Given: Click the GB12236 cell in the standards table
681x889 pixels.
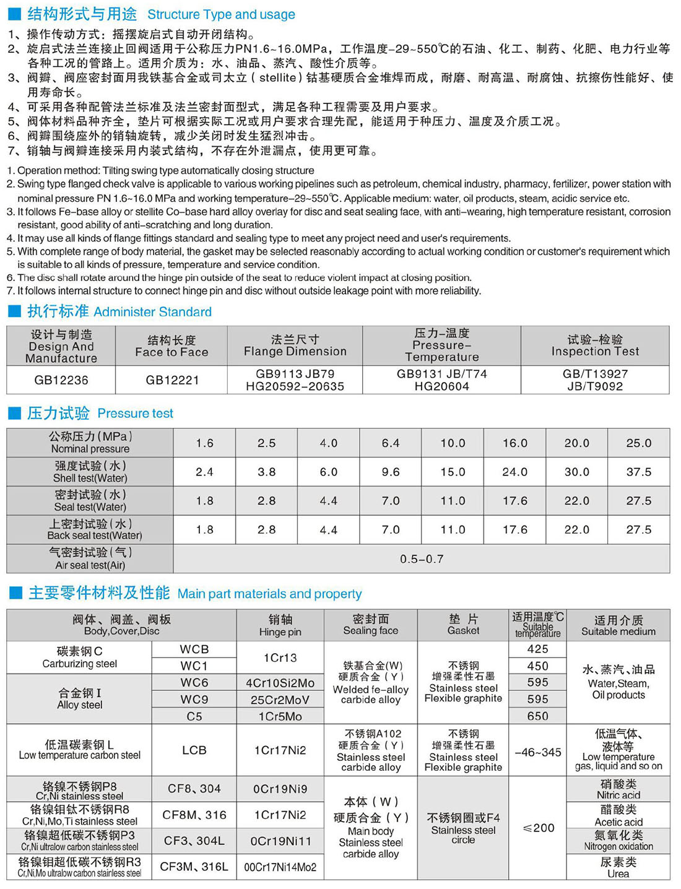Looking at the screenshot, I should (61, 380).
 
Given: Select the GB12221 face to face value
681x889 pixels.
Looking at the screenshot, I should (172, 380).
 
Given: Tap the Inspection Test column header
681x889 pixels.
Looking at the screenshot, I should (595, 345).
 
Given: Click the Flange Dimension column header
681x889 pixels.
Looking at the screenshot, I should (295, 345).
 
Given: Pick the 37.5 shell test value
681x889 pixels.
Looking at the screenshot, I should (638, 472).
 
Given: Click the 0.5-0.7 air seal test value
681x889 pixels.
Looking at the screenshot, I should (422, 559).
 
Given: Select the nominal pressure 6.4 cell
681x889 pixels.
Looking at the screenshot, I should (391, 443).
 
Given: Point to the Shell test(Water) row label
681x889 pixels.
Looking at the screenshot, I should (90, 472).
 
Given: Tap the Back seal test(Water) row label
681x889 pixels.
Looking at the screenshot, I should (90, 530).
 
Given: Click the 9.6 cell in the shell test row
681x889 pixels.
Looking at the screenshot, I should (391, 472).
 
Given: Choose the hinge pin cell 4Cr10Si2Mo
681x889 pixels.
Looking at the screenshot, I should (280, 683).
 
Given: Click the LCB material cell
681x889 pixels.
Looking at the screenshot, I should (194, 750).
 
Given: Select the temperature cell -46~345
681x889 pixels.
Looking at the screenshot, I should (538, 752).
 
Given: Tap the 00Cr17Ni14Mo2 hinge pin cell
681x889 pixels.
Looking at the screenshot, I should (280, 867).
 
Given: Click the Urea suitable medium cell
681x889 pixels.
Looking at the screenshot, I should (618, 867).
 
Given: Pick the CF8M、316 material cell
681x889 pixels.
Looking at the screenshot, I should (194, 815).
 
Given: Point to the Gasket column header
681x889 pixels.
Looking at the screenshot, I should (463, 625).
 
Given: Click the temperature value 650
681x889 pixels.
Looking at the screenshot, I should (537, 716).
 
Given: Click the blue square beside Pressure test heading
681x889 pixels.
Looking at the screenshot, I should (14, 414).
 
